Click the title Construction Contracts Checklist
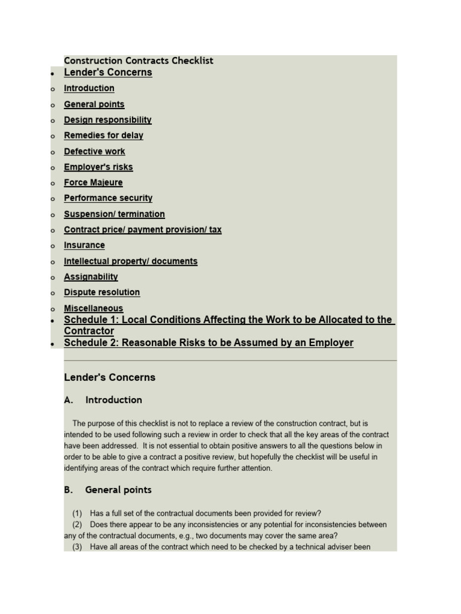[x=138, y=61]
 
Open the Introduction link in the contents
[x=89, y=88]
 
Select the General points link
[x=94, y=104]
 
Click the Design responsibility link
[x=107, y=120]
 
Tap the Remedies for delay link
[x=103, y=136]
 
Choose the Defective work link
[x=94, y=152]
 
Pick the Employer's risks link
[x=98, y=167]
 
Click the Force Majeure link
[x=93, y=183]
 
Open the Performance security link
[x=108, y=198]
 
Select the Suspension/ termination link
[x=114, y=214]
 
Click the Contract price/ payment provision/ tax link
[x=142, y=230]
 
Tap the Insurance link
[x=84, y=245]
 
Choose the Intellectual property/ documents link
[x=130, y=261]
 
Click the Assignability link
[x=91, y=277]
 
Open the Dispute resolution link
[x=101, y=293]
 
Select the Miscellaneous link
[x=93, y=308]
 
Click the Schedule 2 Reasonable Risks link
[x=208, y=343]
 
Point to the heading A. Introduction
[x=103, y=400]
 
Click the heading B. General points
[x=107, y=490]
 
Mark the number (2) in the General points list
[x=77, y=525]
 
